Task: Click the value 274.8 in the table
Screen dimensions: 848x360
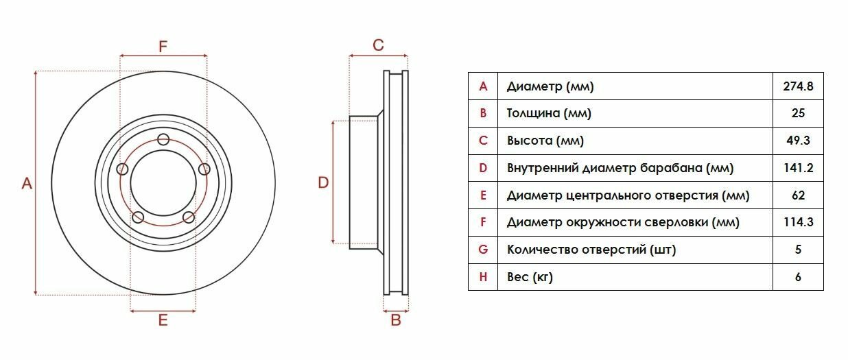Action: click(x=798, y=87)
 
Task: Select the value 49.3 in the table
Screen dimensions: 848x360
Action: click(x=798, y=141)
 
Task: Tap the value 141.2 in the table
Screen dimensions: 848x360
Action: click(x=798, y=168)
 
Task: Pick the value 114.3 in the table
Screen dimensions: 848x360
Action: click(x=798, y=222)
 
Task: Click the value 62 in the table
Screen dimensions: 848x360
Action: click(x=798, y=195)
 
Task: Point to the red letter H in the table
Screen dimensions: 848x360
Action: click(x=483, y=277)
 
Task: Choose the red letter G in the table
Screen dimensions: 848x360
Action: click(x=483, y=250)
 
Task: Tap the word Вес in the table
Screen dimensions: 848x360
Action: click(x=517, y=277)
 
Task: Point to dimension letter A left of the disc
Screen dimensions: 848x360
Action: click(x=27, y=183)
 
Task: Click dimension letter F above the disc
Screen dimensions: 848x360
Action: click(x=163, y=47)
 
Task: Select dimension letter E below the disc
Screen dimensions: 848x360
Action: click(x=163, y=320)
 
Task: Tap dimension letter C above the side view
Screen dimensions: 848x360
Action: click(x=378, y=45)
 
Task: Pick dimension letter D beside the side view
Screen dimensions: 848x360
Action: click(x=323, y=182)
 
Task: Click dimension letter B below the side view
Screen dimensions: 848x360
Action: click(x=395, y=320)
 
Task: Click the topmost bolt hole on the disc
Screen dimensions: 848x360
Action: click(x=163, y=140)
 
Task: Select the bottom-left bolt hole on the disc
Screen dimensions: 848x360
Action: click(x=138, y=218)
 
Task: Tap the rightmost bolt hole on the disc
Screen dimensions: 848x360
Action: click(x=204, y=169)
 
